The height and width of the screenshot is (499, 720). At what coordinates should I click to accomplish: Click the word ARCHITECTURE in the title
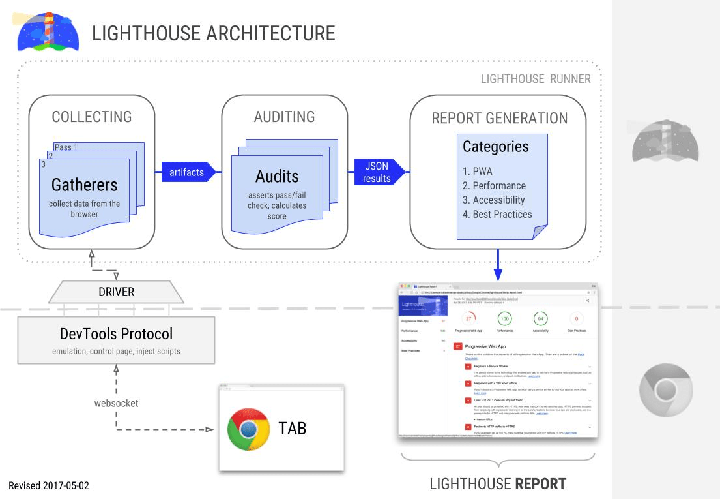coord(270,33)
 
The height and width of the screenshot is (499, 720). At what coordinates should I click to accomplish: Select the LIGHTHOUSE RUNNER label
coord(535,79)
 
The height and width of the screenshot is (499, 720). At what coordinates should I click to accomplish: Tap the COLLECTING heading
coord(92,117)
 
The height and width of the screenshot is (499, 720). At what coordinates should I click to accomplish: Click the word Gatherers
coord(85,185)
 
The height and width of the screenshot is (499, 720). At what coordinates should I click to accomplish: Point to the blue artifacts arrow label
coord(187,172)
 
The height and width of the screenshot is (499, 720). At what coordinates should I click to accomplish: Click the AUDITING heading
coord(284,117)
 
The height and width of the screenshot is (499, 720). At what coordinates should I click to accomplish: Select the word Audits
coord(277,176)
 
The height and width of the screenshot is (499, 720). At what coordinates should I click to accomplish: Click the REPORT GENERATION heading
coord(499,118)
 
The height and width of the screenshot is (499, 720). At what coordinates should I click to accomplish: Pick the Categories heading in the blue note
coord(495,147)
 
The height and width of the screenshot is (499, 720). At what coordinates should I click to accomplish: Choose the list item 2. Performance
coord(494,185)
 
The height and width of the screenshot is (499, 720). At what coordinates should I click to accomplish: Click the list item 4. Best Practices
coord(497,214)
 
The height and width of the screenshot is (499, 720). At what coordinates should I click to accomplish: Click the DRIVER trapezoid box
coord(116,292)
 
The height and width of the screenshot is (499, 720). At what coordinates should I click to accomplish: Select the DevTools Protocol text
coord(116,334)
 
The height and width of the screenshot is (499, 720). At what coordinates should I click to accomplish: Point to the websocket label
coord(116,403)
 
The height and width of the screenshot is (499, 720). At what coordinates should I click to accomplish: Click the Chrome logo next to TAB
coord(248,429)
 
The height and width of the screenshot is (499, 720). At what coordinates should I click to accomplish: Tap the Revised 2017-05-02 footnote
coord(48,486)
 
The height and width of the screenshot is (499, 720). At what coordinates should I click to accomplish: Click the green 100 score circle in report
coord(504,318)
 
